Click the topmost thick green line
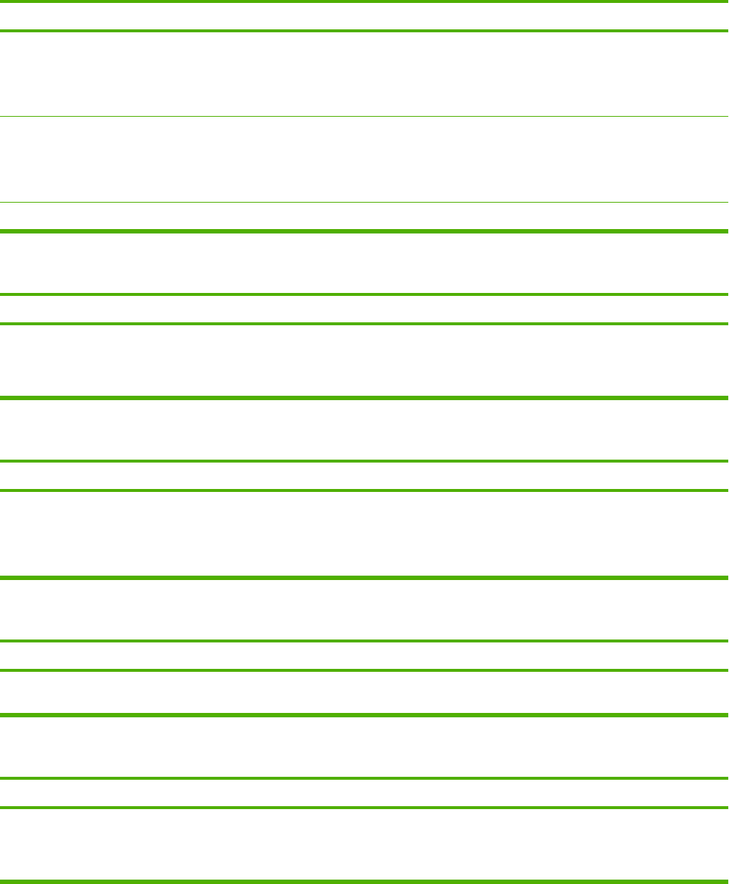tap(364, 1)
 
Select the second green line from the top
tap(364, 31)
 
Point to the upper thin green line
tap(364, 116)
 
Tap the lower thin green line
tap(364, 202)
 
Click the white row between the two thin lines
tap(364, 159)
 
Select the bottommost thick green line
tap(364, 880)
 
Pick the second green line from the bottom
tap(364, 808)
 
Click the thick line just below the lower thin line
tap(364, 232)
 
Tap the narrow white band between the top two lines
tap(364, 16)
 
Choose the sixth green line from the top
tap(364, 294)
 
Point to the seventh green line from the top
tap(364, 324)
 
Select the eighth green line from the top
tap(364, 398)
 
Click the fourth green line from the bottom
tap(364, 714)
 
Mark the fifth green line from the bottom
tap(364, 670)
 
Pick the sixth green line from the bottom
tap(364, 641)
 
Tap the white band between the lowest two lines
tap(364, 844)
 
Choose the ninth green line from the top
tap(364, 461)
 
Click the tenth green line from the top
tap(364, 490)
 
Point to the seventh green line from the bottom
tap(364, 578)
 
